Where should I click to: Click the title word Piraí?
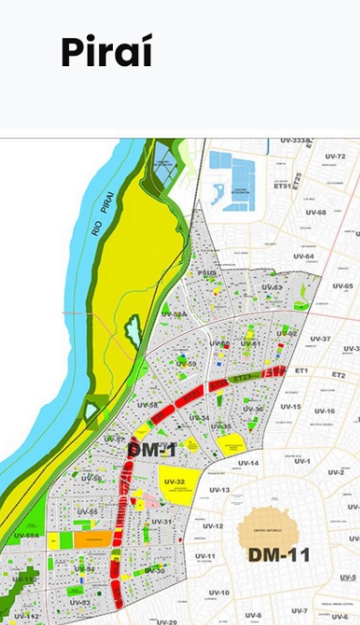click(105, 52)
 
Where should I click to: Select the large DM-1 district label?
click(151, 451)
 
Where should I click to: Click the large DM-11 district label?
click(279, 555)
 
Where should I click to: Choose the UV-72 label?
click(335, 156)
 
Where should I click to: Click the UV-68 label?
click(315, 212)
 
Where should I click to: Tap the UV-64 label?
click(304, 257)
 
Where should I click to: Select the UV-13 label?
click(219, 490)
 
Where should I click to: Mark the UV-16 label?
click(324, 410)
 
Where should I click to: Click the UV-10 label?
click(218, 592)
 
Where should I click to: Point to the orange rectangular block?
click(93, 539)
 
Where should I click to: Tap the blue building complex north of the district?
click(232, 176)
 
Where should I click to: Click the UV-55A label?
click(26, 535)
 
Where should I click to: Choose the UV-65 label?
click(342, 286)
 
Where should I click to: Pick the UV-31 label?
click(162, 521)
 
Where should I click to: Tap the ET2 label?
click(339, 374)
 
